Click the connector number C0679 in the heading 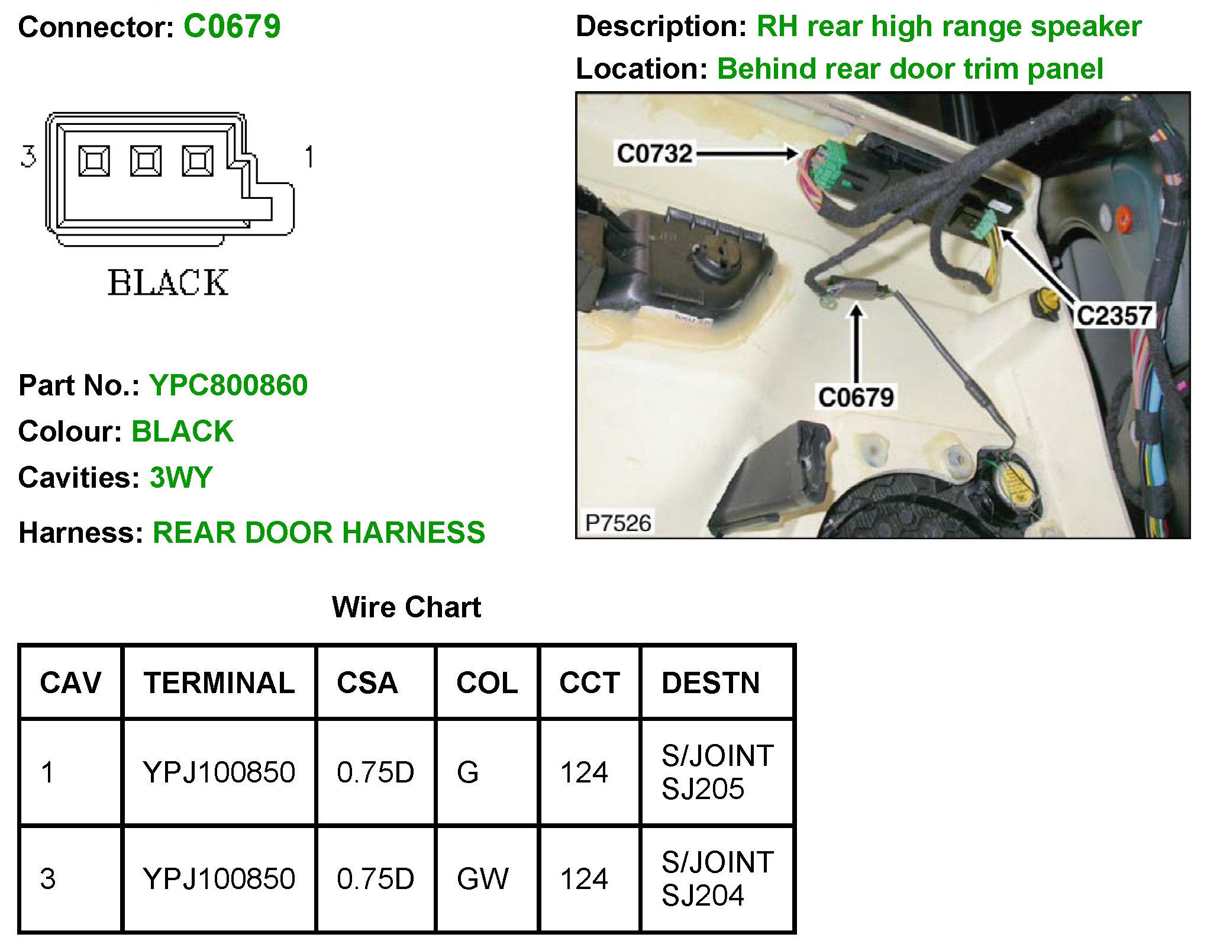[x=232, y=27]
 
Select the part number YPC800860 [x=228, y=385]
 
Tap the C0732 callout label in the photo [x=654, y=153]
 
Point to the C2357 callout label [x=1114, y=315]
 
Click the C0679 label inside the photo [x=856, y=397]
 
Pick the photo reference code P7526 [x=618, y=523]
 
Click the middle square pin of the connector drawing [x=146, y=161]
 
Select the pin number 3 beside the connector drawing [x=28, y=157]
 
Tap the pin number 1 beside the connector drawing [x=309, y=157]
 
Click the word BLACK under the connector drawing [x=168, y=282]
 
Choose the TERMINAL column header [x=219, y=683]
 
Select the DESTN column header [x=711, y=683]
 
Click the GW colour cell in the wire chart [x=482, y=878]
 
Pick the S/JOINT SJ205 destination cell [x=717, y=772]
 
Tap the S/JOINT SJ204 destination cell [x=717, y=878]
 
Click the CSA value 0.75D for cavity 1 [x=375, y=772]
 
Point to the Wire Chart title [x=406, y=607]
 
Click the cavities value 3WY [x=181, y=478]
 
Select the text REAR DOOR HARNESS [x=319, y=533]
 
